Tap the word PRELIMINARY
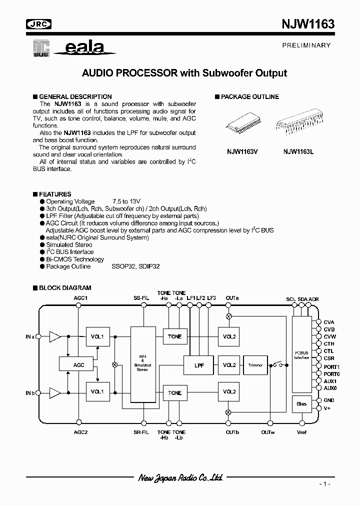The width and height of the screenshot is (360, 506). (x=307, y=45)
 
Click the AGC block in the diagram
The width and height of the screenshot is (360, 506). (x=78, y=364)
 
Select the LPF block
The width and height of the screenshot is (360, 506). (x=198, y=364)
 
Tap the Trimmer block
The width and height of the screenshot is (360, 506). (x=255, y=365)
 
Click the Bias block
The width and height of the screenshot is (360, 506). (x=301, y=403)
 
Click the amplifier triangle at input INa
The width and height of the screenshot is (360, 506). (x=54, y=337)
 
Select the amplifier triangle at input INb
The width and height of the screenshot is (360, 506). (x=54, y=392)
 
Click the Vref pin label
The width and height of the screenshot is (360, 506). (x=302, y=432)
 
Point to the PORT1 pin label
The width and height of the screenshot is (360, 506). (x=331, y=366)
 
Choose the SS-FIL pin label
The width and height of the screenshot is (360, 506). (x=142, y=298)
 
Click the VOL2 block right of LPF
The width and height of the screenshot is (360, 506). (x=229, y=365)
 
